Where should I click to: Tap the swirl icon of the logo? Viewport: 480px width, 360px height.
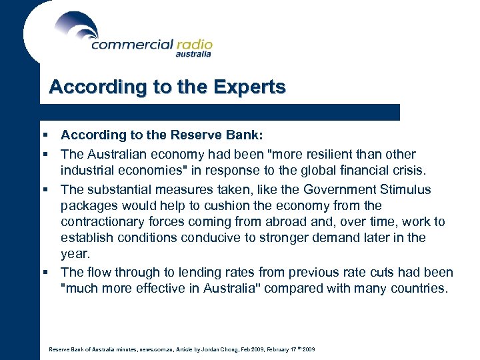coord(77,28)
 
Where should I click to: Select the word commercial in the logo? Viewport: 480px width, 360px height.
coord(131,45)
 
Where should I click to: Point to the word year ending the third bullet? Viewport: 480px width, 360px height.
coord(73,253)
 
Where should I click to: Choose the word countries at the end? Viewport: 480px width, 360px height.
coord(419,288)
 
